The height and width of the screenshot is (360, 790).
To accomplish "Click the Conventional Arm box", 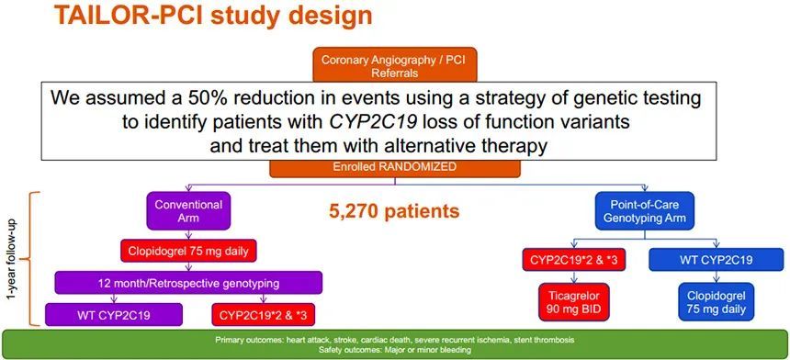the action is coord(188,211).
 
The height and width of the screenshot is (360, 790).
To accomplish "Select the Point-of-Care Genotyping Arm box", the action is coord(645,211).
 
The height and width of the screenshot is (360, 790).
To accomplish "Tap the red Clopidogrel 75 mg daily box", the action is coord(188,252).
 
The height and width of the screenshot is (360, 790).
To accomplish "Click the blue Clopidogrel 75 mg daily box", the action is coord(716,301).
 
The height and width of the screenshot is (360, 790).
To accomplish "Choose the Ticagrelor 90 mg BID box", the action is coord(573,302).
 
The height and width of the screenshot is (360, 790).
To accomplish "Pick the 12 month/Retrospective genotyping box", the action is coord(188,283).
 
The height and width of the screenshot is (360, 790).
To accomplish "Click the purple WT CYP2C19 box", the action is coord(113,315).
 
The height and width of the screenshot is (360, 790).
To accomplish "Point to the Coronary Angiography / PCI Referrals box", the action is coord(394,64).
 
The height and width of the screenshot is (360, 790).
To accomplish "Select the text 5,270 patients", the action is coord(394,211).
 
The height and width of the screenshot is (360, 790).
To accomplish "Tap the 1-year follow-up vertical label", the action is coord(11,258).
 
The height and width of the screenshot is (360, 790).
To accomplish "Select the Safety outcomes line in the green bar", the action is coord(394,349).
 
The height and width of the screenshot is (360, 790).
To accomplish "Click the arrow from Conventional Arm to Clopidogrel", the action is coord(188,236).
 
